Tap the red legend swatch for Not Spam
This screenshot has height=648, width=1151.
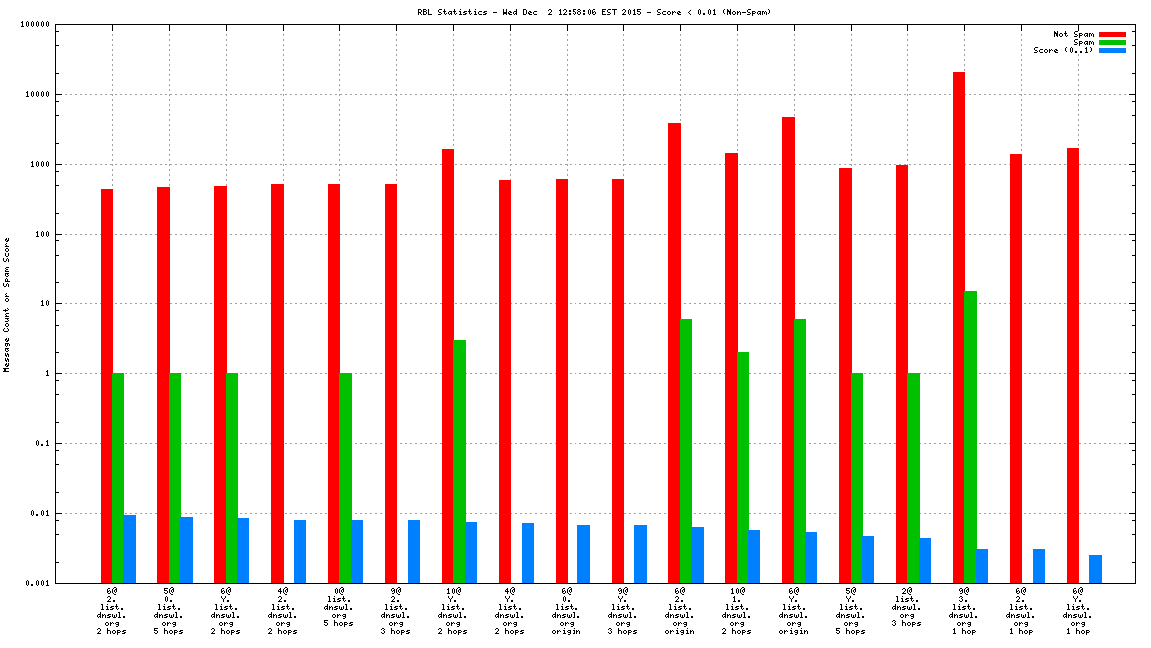point(1112,34)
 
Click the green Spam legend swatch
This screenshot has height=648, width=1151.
point(1112,42)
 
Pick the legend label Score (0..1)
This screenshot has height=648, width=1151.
point(1063,50)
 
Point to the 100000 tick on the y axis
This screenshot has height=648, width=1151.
point(35,25)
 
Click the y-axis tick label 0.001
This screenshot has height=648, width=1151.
point(39,583)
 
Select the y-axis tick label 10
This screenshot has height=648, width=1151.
point(45,304)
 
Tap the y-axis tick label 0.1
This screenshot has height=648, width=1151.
point(42,444)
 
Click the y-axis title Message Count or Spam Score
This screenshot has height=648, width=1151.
point(7,304)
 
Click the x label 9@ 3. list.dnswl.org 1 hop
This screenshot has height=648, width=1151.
point(964,611)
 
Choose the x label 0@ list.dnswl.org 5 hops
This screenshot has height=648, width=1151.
point(339,611)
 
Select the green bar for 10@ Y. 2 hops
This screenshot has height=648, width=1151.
point(460,461)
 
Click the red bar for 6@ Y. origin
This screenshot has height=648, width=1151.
point(788,350)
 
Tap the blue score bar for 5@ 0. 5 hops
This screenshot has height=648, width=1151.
point(186,550)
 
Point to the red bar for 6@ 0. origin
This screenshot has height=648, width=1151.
point(562,381)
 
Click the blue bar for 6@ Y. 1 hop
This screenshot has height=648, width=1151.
point(1096,569)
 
